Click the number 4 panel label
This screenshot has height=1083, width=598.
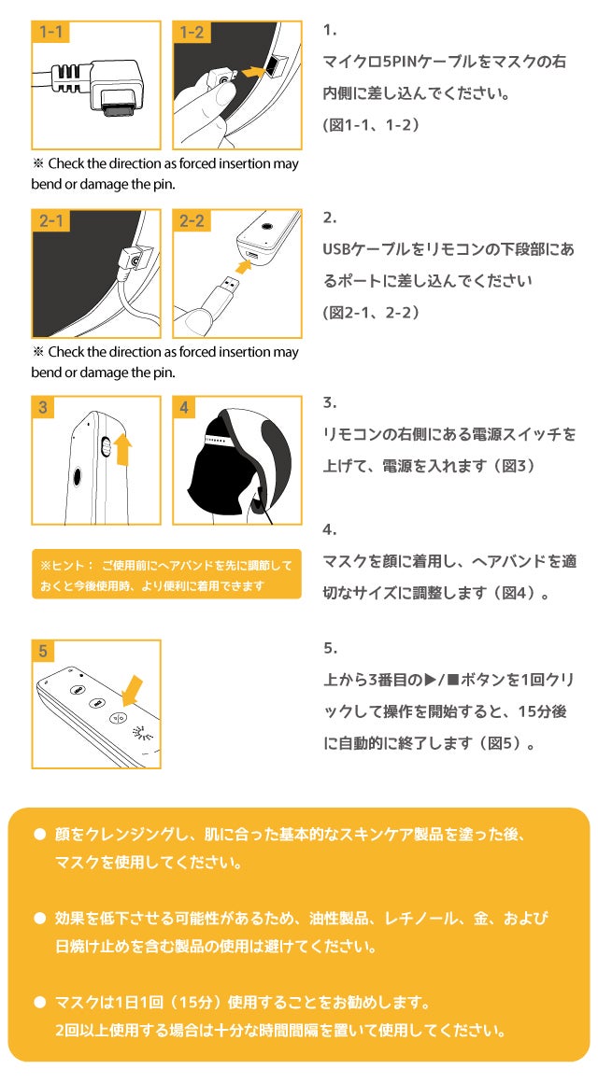(184, 408)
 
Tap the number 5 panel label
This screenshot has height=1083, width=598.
(44, 651)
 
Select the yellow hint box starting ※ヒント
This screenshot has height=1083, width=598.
(166, 574)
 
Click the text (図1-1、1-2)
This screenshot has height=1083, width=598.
(371, 124)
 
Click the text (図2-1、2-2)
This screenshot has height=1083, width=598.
(371, 312)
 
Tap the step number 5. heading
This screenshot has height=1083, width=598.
(330, 648)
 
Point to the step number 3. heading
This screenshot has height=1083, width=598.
(329, 403)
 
